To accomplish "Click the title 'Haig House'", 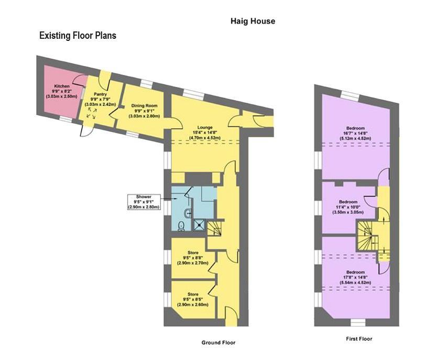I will coord(253,21).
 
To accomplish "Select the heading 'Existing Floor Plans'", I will coord(78,36).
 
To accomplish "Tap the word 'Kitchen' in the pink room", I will coord(62,86).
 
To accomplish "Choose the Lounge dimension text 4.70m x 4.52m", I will coord(204,138).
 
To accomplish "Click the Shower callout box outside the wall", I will coord(145,202).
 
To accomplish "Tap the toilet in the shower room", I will coord(181,226).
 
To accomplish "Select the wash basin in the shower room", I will coord(187,213).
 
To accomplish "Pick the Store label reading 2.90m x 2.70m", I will coord(193,263).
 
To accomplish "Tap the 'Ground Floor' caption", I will coord(219,343).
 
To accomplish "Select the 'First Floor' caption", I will coord(359,339).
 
